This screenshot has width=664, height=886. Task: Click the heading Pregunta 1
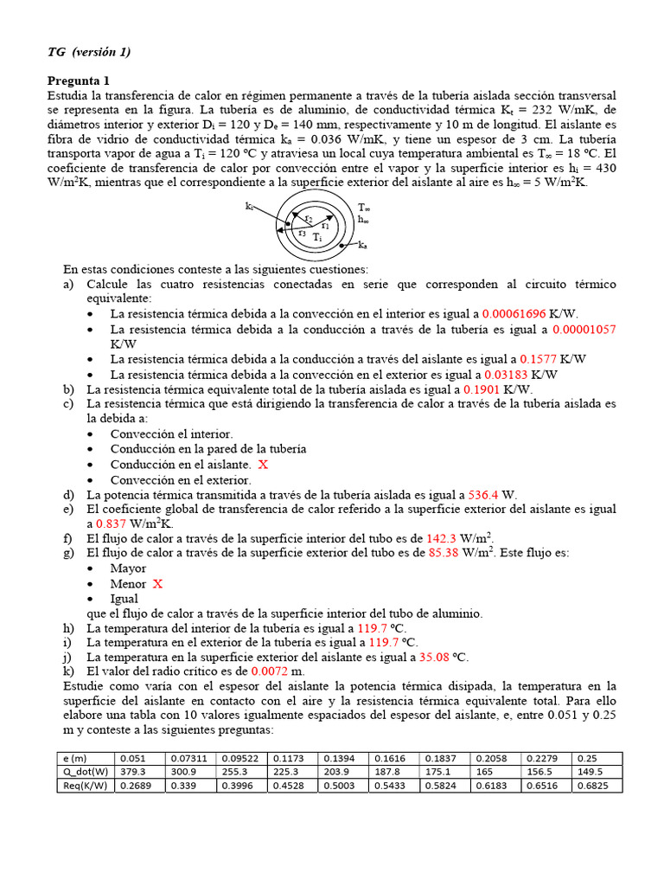click(x=79, y=80)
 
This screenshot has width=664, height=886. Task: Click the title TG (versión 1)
click(x=89, y=52)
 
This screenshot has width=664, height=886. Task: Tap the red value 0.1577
click(x=538, y=359)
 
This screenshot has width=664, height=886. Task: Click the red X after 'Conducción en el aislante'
click(x=263, y=465)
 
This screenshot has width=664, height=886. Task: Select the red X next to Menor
click(x=157, y=584)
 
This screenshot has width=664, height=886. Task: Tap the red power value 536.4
click(x=483, y=495)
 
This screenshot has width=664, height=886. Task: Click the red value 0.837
click(x=112, y=523)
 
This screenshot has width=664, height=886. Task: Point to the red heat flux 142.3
click(x=443, y=538)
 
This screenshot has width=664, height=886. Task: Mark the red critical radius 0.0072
click(x=267, y=671)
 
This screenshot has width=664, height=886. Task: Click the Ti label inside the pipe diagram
click(x=317, y=237)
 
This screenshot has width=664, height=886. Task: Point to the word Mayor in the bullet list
click(x=128, y=568)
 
